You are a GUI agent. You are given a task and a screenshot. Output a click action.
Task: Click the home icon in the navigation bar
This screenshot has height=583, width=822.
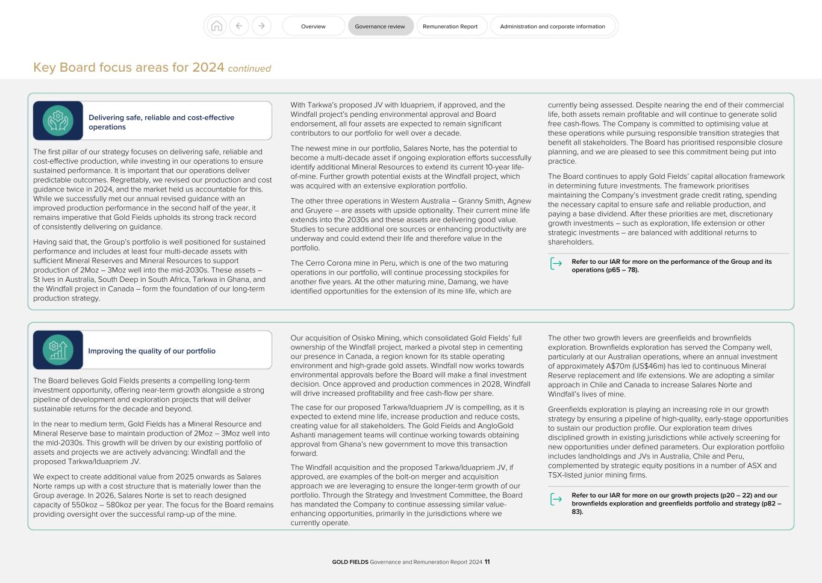pyautogui.click(x=217, y=26)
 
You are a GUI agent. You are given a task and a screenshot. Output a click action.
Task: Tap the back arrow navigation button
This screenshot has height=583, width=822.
pyautogui.click(x=239, y=26)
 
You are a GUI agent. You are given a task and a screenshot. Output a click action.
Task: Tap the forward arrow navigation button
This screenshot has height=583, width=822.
pyautogui.click(x=261, y=26)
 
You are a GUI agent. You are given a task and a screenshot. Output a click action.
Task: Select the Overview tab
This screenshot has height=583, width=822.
pyautogui.click(x=313, y=26)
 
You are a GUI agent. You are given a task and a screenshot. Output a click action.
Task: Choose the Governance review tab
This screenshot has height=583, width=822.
pyautogui.click(x=380, y=26)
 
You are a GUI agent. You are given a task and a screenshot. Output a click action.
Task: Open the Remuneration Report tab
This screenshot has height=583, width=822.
pyautogui.click(x=450, y=26)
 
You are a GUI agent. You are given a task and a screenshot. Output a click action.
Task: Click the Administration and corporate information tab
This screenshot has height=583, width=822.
pyautogui.click(x=552, y=26)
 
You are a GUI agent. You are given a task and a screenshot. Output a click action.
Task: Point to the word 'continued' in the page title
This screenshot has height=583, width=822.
pyautogui.click(x=249, y=69)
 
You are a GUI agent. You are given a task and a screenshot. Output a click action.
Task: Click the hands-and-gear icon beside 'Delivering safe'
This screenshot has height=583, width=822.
pyautogui.click(x=58, y=120)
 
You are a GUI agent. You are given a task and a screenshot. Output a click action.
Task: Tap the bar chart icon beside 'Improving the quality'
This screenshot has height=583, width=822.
pyautogui.click(x=58, y=350)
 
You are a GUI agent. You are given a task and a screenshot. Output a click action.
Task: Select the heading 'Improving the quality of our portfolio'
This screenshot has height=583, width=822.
pyautogui.click(x=152, y=351)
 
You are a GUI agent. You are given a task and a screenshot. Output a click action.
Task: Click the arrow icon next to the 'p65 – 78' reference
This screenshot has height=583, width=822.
pyautogui.click(x=556, y=264)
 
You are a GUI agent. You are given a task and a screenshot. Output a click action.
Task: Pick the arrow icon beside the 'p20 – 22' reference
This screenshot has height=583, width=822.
pyautogui.click(x=556, y=499)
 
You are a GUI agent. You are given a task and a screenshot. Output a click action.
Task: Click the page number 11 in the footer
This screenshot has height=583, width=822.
pyautogui.click(x=487, y=562)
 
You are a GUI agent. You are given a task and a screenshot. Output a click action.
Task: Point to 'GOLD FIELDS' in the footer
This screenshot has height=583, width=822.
pyautogui.click(x=350, y=562)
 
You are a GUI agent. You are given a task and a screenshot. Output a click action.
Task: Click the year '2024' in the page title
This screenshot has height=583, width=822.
pyautogui.click(x=208, y=67)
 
